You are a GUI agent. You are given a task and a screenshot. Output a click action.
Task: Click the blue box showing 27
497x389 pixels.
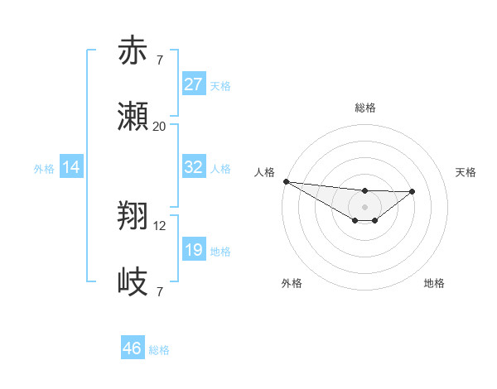tap(193, 84)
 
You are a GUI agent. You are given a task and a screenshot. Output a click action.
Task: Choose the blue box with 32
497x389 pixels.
tap(193, 167)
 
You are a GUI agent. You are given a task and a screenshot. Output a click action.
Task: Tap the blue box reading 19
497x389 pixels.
tap(193, 250)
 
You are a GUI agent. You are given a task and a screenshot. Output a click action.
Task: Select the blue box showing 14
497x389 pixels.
tap(71, 167)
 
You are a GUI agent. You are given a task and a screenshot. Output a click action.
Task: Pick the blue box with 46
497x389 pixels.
tap(132, 348)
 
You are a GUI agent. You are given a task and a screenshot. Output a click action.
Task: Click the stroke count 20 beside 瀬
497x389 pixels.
tap(159, 126)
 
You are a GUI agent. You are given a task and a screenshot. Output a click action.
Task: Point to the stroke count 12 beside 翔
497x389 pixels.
tap(160, 225)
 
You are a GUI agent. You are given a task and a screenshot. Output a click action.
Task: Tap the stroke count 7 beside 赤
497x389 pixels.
tap(159, 60)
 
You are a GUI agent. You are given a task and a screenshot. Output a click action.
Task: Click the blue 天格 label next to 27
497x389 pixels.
tap(220, 86)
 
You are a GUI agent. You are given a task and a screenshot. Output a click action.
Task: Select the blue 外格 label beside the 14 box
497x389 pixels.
tap(44, 169)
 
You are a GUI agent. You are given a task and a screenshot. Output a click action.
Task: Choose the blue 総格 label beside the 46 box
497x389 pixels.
tap(159, 350)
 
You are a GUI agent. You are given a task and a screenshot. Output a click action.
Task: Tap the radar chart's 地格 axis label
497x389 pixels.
tap(434, 283)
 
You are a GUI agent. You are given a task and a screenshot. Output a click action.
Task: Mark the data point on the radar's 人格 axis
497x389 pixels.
tap(286, 181)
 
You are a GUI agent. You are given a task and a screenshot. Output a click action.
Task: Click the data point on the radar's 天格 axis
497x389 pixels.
tap(413, 191)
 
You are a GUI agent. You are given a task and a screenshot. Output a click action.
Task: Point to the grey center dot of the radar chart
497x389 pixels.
tap(364, 206)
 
